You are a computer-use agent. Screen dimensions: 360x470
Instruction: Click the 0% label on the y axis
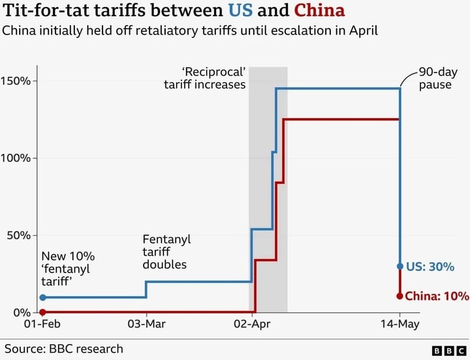(x=22, y=312)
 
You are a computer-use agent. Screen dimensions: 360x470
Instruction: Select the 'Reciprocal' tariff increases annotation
(x=213, y=78)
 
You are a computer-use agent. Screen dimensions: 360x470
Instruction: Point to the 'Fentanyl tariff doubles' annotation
(x=166, y=252)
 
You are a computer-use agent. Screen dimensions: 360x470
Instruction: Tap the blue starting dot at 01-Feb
(x=42, y=297)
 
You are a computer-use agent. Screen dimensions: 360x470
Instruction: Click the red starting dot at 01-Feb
(x=42, y=312)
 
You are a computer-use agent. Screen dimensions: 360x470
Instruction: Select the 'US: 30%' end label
(x=430, y=267)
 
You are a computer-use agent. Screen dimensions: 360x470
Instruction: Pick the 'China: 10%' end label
(x=437, y=296)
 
